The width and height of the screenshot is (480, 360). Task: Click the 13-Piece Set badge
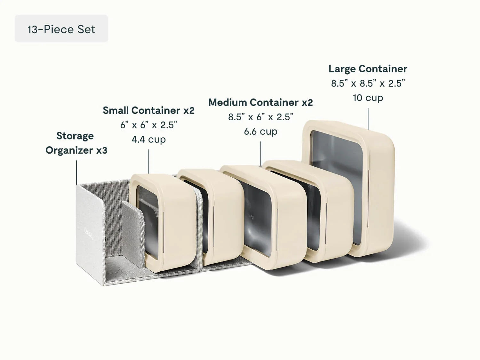(x=61, y=28)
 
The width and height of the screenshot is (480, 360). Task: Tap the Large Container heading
(x=368, y=69)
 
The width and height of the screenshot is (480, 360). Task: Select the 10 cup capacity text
(x=368, y=98)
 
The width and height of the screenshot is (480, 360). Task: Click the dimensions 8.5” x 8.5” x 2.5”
(x=368, y=83)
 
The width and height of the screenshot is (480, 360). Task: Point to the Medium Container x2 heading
(x=260, y=102)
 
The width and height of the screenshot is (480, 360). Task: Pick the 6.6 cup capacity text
(x=260, y=132)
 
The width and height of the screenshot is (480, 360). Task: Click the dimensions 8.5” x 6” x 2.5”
(x=260, y=117)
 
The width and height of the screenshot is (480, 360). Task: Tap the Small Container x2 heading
(x=149, y=110)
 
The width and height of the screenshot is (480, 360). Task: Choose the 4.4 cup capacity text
(x=149, y=140)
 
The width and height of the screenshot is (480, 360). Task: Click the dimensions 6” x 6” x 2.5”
(x=149, y=125)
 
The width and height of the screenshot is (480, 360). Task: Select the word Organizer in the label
(x=69, y=150)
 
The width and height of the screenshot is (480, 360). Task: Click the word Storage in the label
(x=75, y=136)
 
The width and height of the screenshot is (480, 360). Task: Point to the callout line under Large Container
(x=368, y=119)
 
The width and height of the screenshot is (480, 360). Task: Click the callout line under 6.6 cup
(x=261, y=154)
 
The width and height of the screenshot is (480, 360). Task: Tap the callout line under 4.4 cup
(x=149, y=162)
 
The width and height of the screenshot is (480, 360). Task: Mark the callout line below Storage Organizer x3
(x=76, y=172)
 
